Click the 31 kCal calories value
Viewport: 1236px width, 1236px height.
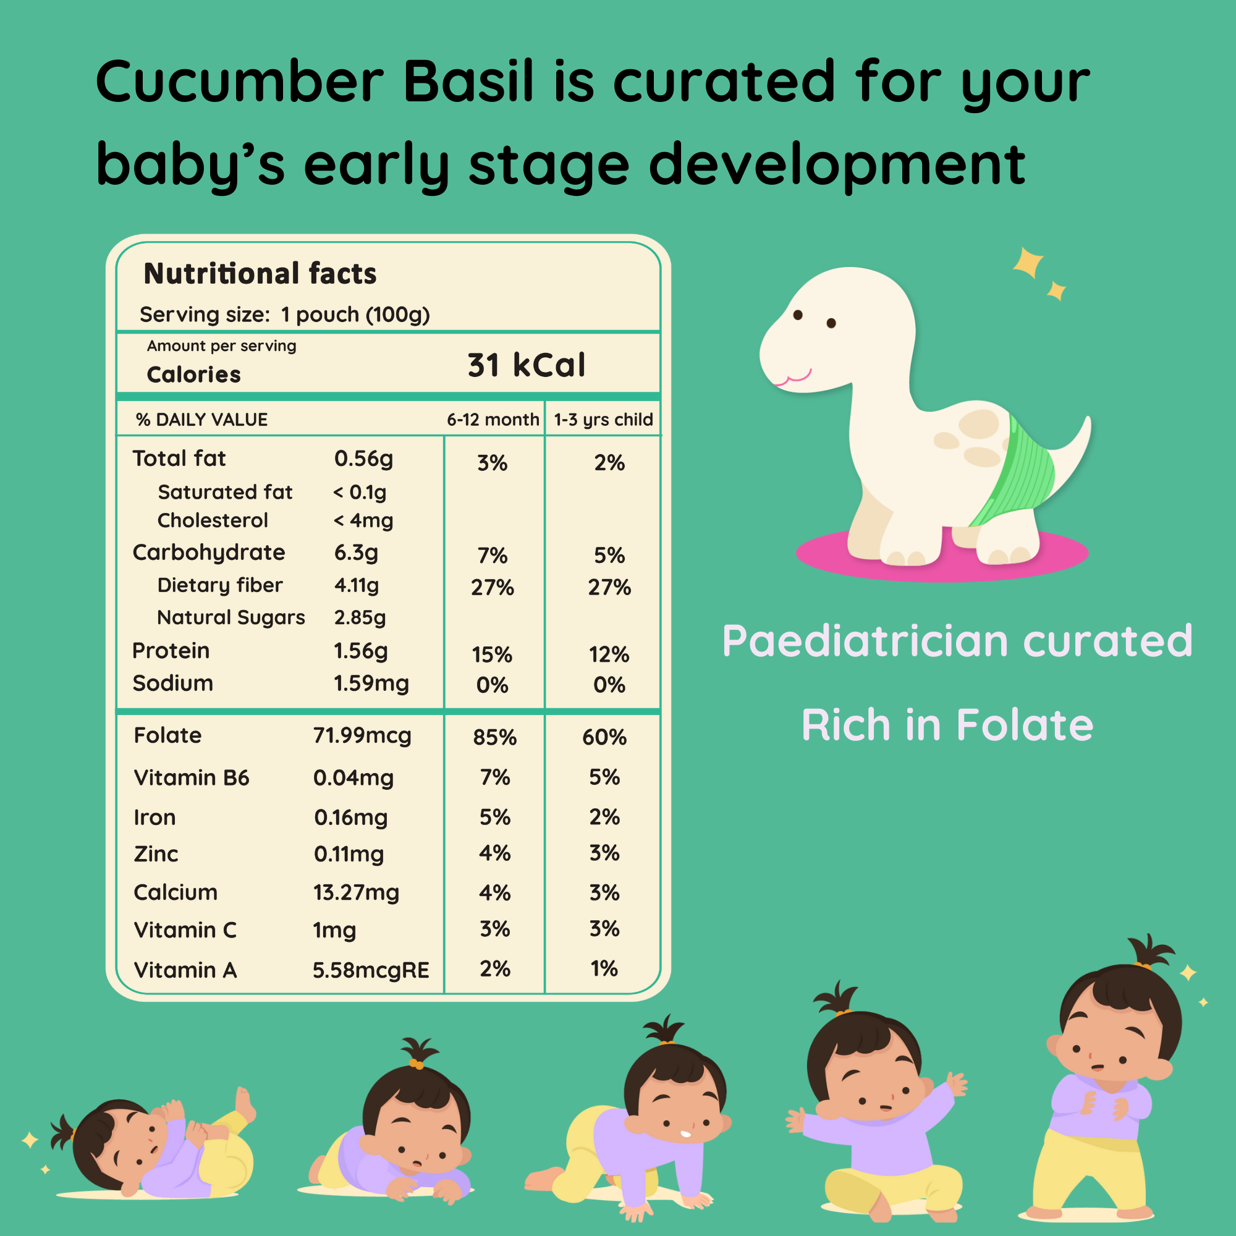(x=526, y=366)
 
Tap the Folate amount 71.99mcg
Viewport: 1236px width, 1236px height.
(x=362, y=735)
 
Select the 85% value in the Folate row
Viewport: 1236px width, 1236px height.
(x=494, y=738)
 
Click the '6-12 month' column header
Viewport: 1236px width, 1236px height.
(x=493, y=420)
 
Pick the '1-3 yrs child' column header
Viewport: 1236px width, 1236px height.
(x=603, y=420)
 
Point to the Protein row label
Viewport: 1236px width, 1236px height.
(x=171, y=651)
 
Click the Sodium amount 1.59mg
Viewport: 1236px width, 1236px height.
(x=371, y=684)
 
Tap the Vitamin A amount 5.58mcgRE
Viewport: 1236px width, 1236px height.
(x=370, y=970)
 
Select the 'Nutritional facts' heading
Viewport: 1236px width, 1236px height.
(x=260, y=274)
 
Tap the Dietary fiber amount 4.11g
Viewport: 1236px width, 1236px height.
(x=357, y=585)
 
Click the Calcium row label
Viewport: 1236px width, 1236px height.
(x=176, y=892)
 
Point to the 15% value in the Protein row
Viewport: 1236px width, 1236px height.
(x=492, y=654)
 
